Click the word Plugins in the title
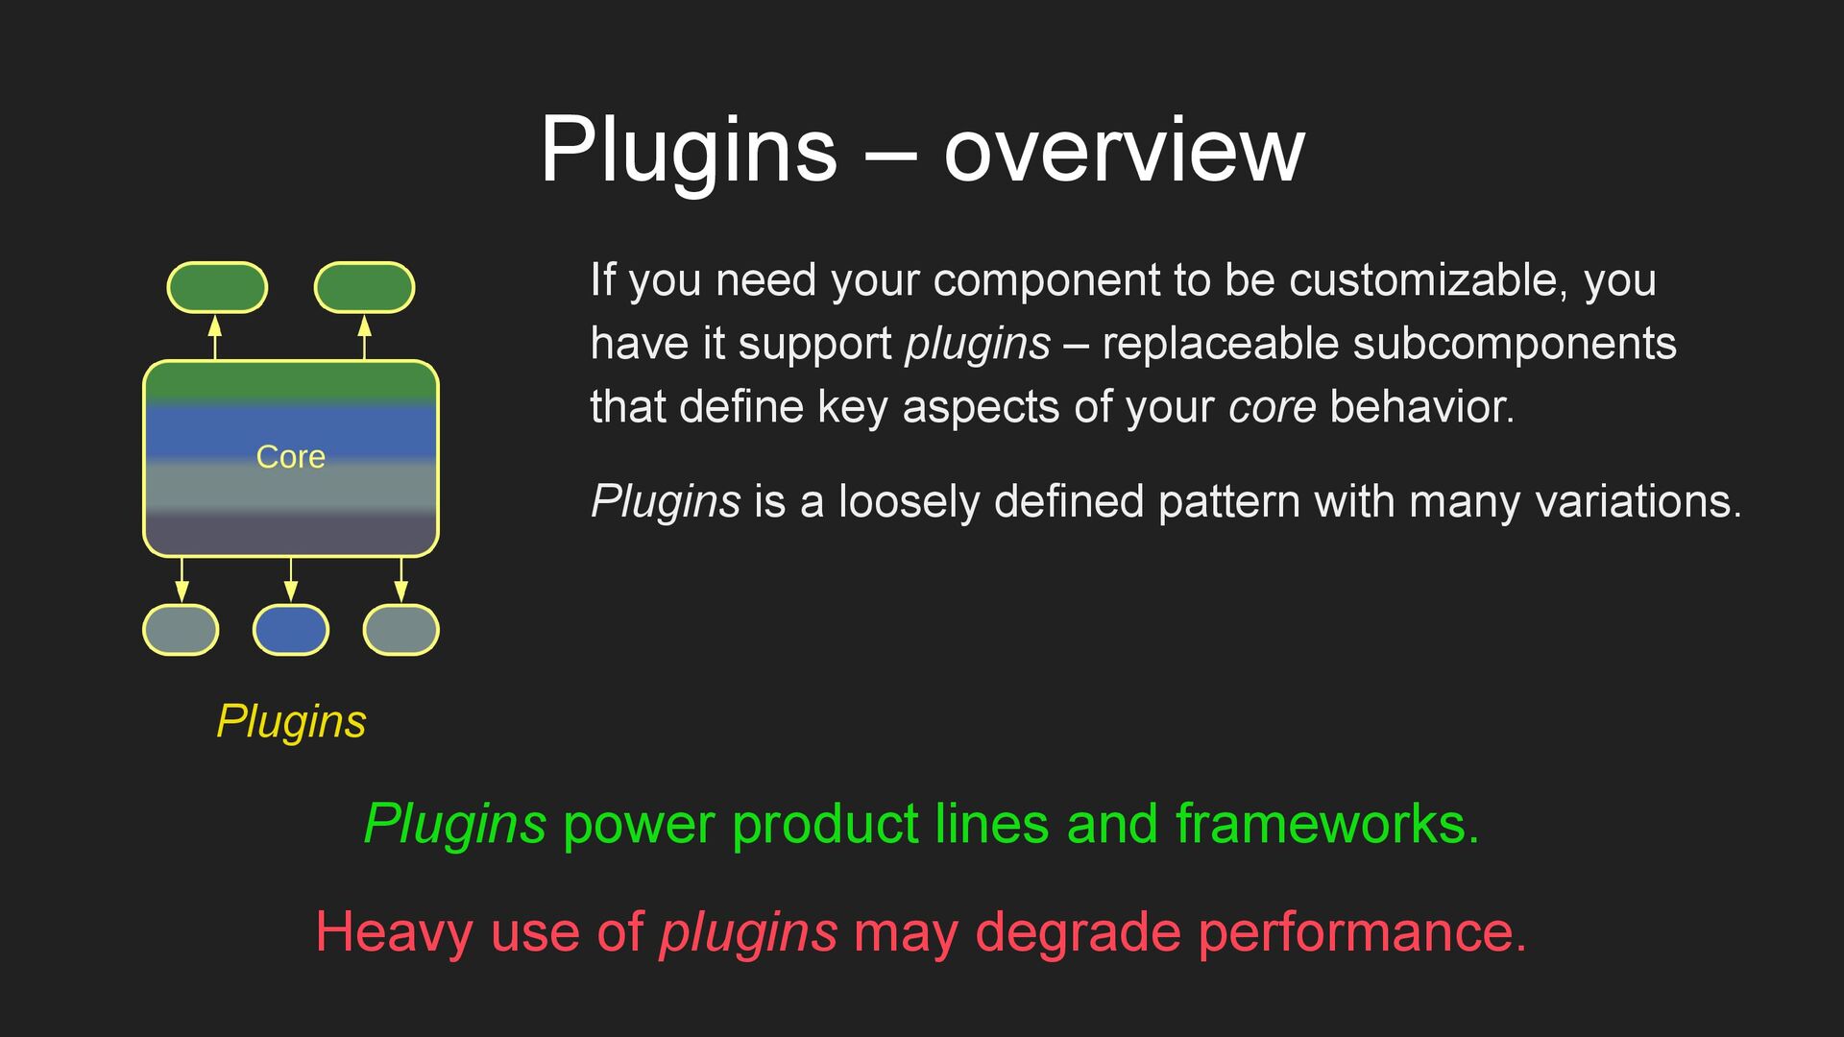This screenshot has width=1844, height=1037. click(688, 150)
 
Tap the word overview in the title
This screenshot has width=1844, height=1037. click(1124, 150)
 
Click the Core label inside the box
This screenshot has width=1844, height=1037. click(290, 457)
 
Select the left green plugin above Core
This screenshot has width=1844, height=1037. click(217, 287)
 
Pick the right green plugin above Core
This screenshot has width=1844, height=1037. click(364, 287)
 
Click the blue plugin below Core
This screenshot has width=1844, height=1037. click(291, 630)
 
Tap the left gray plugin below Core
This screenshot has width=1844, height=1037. click(181, 630)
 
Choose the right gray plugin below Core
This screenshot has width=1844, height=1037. click(401, 630)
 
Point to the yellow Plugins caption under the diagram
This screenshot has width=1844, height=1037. click(291, 721)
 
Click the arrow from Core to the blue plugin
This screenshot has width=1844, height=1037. click(291, 580)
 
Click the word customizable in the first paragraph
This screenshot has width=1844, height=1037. click(1428, 280)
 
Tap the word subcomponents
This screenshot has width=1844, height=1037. click(1508, 344)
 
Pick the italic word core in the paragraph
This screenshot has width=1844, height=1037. click(1272, 407)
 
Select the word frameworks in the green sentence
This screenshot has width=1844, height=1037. click(1325, 824)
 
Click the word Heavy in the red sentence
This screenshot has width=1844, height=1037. click(394, 931)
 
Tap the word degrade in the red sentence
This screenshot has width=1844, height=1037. click(1078, 931)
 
